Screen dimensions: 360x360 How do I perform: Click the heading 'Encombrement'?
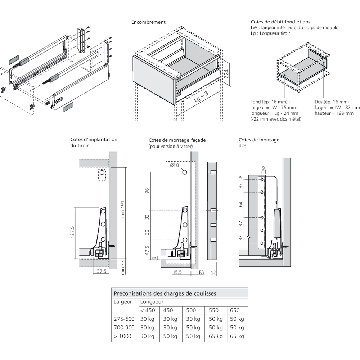148,22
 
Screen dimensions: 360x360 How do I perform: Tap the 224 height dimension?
226,75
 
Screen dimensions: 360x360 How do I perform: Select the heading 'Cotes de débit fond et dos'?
280,22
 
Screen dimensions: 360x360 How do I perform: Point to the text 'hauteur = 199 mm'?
334,113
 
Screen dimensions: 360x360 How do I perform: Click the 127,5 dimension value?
72,232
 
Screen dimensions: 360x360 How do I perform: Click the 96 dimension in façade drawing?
147,190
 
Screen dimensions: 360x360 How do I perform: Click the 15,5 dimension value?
177,273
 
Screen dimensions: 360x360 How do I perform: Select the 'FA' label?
201,273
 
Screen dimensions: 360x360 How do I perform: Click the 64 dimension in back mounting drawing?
241,204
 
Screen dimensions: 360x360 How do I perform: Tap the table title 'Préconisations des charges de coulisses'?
165,293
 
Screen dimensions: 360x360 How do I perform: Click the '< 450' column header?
148,310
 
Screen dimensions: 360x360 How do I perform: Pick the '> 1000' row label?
122,336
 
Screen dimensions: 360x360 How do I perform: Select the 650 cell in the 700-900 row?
237,328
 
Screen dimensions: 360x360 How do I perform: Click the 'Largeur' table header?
122,302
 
